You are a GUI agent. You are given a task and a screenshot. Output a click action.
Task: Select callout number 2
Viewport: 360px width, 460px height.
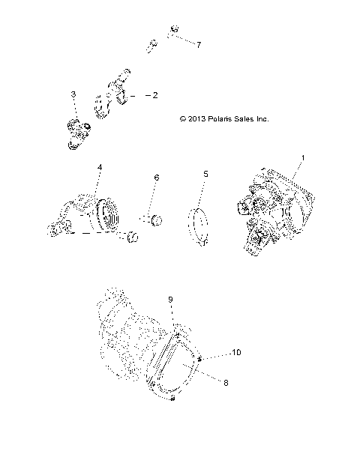click(x=155, y=96)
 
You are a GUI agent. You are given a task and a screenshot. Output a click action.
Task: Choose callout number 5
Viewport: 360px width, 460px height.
click(x=205, y=174)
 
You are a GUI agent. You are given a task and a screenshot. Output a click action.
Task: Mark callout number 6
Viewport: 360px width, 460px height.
click(x=157, y=178)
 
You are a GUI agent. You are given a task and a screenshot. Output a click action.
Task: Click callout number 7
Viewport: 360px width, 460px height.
click(x=199, y=45)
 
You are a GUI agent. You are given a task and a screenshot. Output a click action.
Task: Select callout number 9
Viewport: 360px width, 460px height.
click(x=170, y=300)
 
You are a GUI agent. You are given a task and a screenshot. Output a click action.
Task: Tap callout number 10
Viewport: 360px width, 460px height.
click(x=235, y=351)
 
